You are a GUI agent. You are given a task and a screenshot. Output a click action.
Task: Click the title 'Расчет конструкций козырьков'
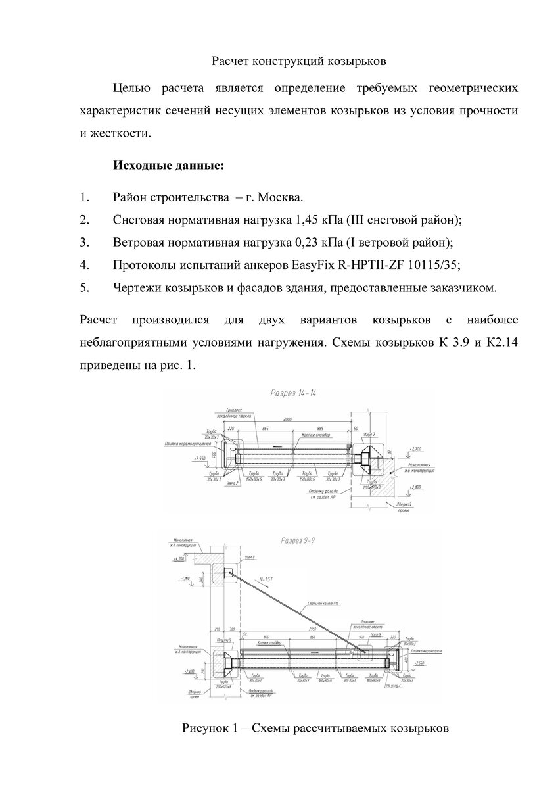298,62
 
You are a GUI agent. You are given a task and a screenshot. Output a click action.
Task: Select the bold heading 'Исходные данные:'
169,165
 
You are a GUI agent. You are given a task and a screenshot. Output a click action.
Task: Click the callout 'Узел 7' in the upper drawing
370,435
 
